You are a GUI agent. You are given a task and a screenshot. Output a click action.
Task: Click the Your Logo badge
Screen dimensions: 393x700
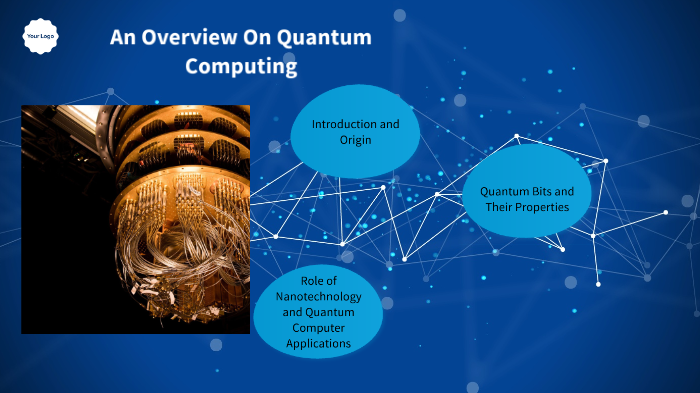point(41,36)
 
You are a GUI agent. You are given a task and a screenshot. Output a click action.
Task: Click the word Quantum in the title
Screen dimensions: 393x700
point(326,37)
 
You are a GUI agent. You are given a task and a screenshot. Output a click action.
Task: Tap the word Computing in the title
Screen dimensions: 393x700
point(241,67)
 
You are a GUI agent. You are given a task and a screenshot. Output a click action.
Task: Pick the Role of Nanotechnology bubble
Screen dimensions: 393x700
point(318,311)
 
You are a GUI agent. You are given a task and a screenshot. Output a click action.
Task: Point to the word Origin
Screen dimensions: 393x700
point(355,140)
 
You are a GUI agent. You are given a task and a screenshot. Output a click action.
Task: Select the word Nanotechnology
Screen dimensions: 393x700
point(318,296)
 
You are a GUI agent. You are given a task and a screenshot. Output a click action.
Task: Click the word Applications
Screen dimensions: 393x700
point(318,343)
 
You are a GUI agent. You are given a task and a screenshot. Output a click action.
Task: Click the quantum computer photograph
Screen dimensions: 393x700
point(135,219)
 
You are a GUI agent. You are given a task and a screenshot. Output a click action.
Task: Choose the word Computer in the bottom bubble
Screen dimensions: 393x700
point(318,327)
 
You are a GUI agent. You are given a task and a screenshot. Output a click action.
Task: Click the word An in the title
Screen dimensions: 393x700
point(121,37)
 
